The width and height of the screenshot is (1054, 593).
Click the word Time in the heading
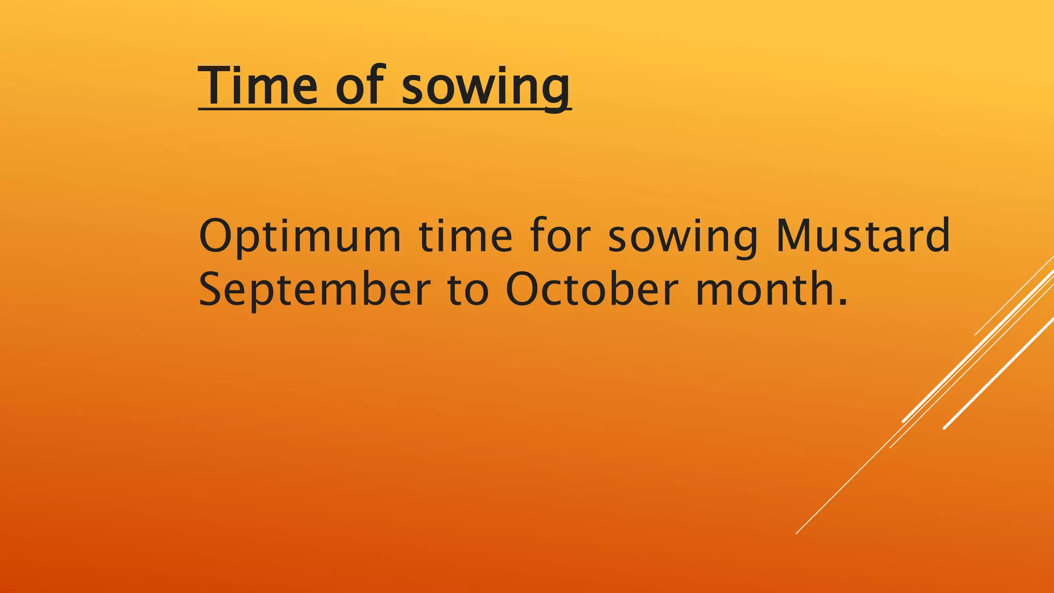(x=258, y=85)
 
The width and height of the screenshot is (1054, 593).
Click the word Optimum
(x=300, y=237)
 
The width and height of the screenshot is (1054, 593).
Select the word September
(x=314, y=290)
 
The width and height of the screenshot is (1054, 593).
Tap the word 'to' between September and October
(x=468, y=290)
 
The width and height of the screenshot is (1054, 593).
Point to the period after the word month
(x=842, y=303)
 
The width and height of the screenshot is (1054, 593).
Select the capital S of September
(x=213, y=289)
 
